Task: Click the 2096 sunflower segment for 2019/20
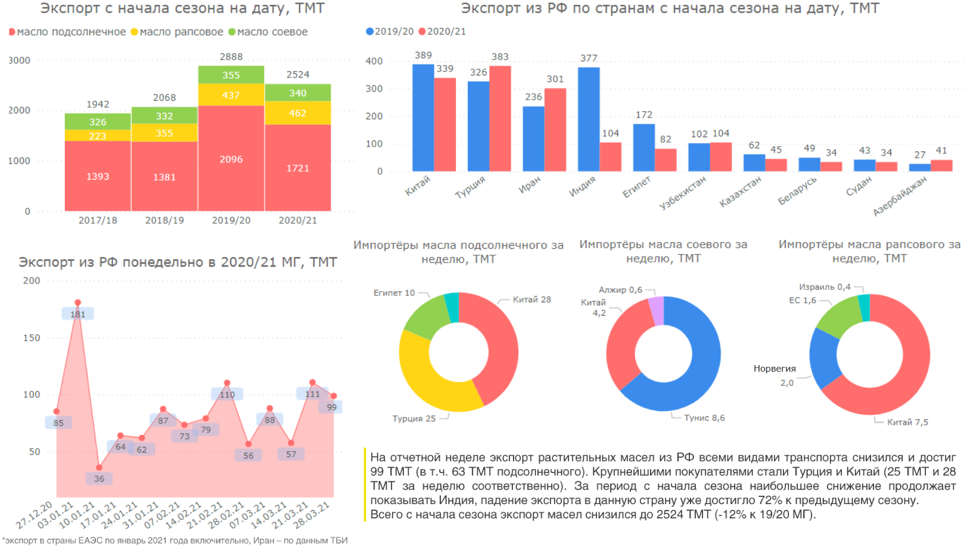(231, 159)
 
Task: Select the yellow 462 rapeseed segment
(298, 113)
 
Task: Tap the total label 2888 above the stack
(231, 57)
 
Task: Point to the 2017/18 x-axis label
(98, 220)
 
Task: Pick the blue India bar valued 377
(589, 119)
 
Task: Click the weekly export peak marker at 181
(77, 303)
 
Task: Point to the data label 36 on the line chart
(99, 478)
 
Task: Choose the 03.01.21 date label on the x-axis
(55, 515)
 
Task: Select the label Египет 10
(394, 293)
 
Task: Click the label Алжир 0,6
(620, 290)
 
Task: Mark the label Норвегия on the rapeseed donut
(775, 369)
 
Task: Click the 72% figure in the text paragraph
(770, 500)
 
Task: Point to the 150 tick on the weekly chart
(32, 338)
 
